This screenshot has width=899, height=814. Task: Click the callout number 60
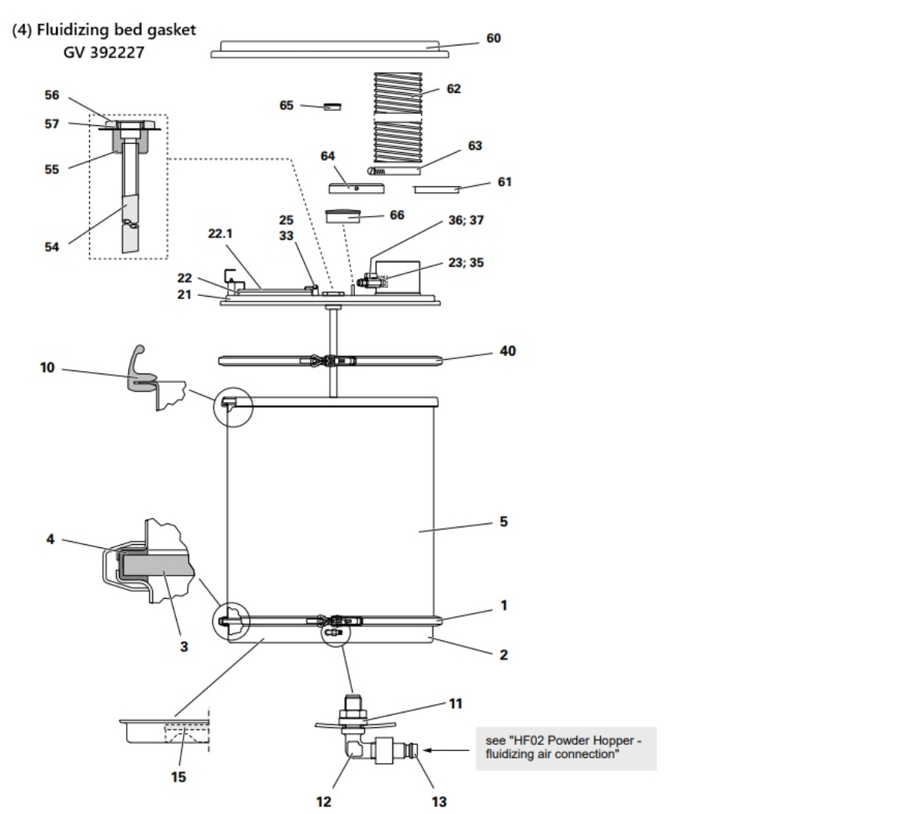click(493, 38)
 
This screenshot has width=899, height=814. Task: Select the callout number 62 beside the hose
click(453, 88)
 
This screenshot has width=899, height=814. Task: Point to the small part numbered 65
click(332, 107)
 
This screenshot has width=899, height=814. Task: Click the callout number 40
click(507, 351)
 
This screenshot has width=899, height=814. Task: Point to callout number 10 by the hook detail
click(48, 368)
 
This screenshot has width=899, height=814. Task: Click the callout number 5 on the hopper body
click(503, 521)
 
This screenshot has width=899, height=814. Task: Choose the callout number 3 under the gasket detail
click(184, 646)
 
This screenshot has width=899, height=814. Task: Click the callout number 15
click(178, 777)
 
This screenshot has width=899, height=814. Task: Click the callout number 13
click(438, 802)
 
